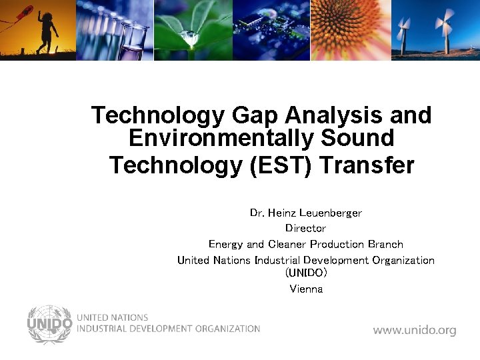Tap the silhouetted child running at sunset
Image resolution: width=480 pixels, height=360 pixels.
tap(47, 33)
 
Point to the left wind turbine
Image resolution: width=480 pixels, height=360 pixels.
tap(403, 30)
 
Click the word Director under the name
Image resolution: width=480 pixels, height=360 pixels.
tap(305, 229)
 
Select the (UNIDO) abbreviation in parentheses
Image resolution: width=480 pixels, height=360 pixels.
tap(306, 273)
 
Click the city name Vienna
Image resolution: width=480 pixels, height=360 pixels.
tap(306, 289)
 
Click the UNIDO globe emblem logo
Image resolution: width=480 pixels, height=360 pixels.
tap(49, 325)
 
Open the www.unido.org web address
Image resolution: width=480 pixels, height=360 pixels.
tap(414, 330)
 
